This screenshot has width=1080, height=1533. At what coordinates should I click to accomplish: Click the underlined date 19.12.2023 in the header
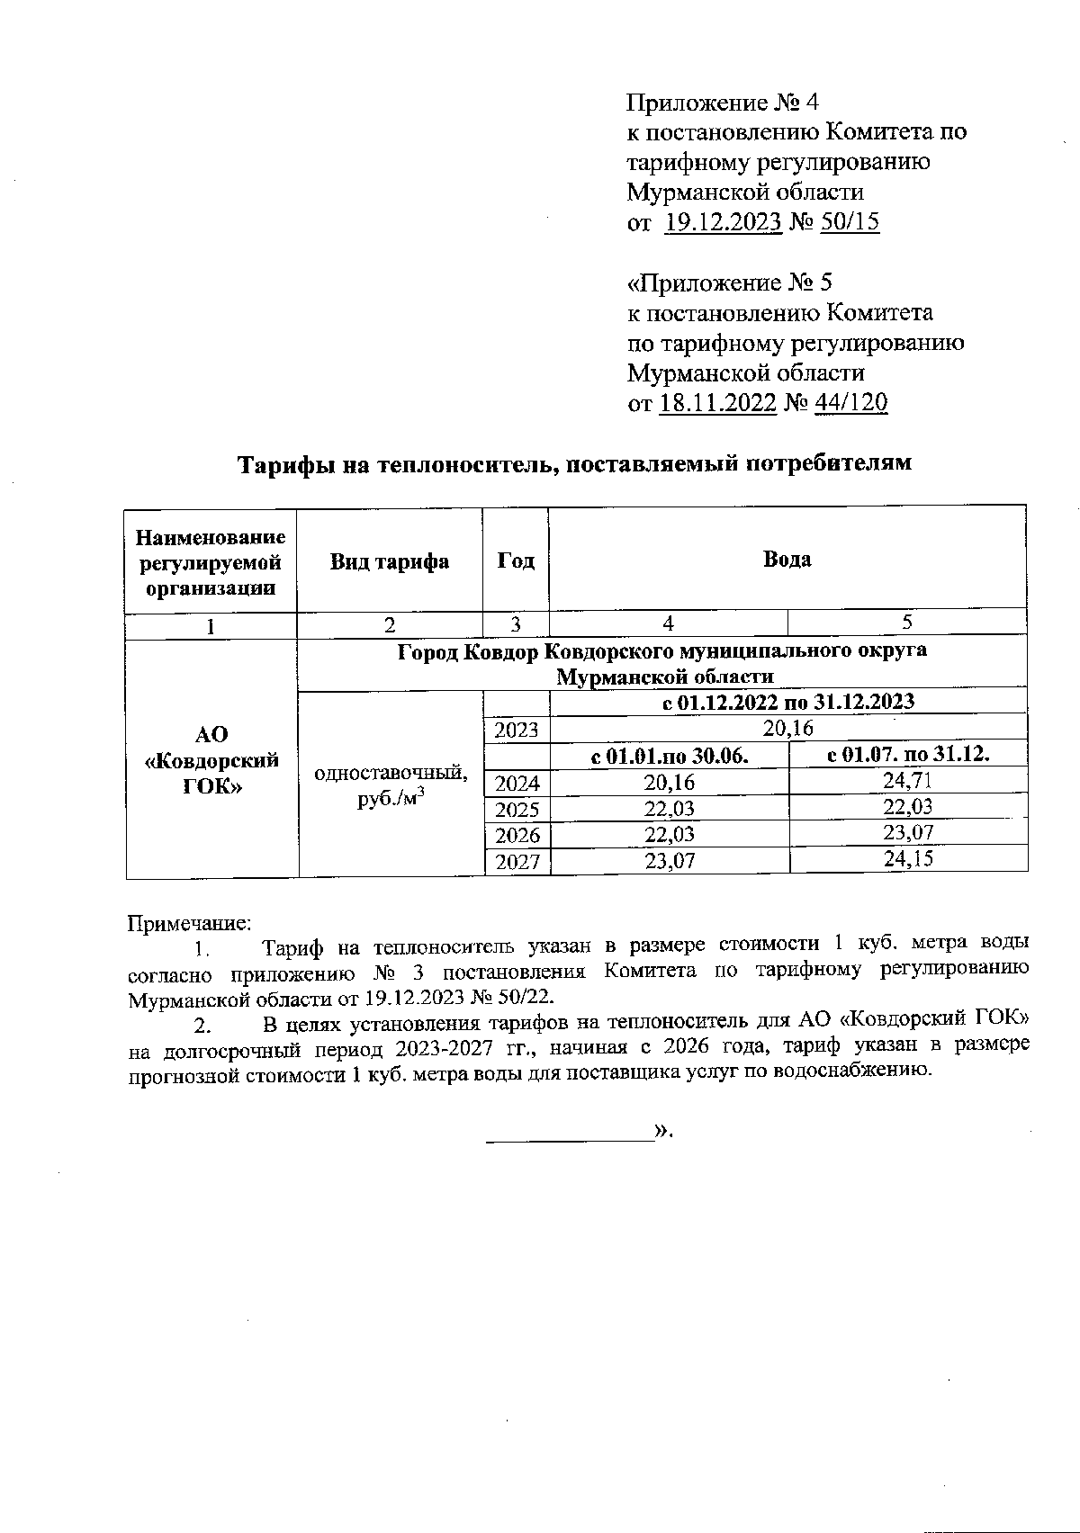click(723, 222)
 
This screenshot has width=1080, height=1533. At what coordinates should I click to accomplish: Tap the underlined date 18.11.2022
click(717, 402)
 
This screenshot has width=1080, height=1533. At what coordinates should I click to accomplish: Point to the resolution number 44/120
click(850, 402)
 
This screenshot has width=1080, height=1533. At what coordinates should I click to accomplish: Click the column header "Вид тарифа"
click(390, 561)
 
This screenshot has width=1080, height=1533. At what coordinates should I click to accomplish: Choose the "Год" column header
click(516, 560)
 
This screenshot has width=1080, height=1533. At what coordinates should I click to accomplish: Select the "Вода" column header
click(787, 559)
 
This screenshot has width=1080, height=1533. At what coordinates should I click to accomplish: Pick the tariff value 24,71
click(907, 781)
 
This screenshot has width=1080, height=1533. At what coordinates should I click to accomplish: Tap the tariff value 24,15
click(908, 858)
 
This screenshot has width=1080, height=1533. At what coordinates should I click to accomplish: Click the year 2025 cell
click(517, 809)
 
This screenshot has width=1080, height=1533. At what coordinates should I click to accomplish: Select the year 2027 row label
click(517, 862)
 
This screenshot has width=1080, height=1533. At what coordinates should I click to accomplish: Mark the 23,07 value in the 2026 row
click(908, 832)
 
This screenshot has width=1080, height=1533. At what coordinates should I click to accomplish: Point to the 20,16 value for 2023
click(787, 727)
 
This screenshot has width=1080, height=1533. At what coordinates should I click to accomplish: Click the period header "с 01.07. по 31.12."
click(907, 754)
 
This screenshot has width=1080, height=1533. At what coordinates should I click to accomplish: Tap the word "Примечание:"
click(191, 923)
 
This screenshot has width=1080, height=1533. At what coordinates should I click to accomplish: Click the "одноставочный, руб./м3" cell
click(391, 785)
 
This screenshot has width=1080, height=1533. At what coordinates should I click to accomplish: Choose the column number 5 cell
click(907, 622)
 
